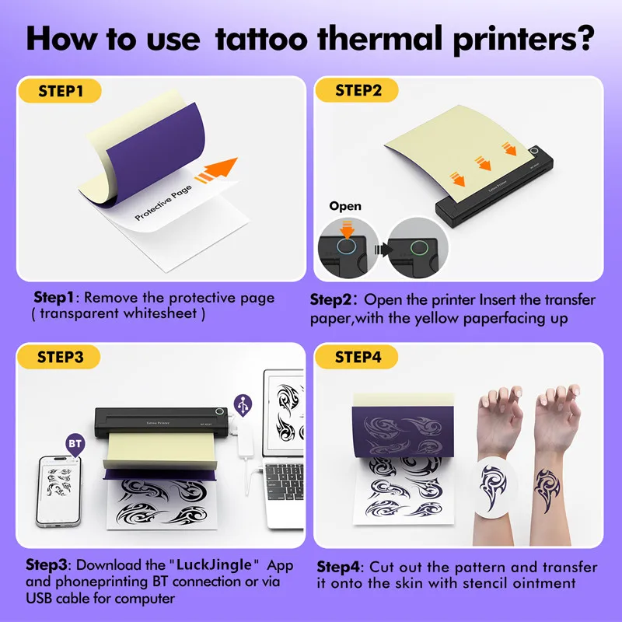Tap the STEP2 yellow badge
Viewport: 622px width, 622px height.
point(358,91)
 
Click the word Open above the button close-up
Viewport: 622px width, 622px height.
point(345,206)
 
